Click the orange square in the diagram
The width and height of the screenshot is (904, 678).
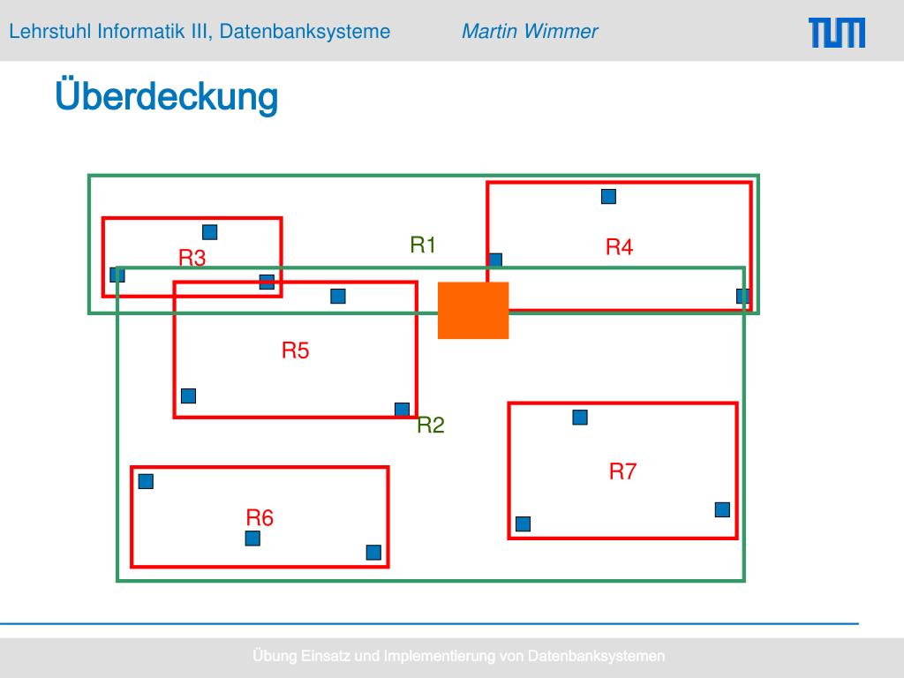(473, 310)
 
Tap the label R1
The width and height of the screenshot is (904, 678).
(424, 245)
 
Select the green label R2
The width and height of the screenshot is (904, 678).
(431, 426)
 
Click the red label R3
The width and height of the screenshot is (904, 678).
(192, 259)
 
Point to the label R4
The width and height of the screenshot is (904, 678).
(619, 248)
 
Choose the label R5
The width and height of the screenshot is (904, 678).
(296, 350)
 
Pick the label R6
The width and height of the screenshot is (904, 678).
(260, 518)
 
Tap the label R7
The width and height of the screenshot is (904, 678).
(622, 471)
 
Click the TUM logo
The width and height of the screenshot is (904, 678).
(836, 33)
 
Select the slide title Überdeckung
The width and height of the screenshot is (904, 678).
(166, 96)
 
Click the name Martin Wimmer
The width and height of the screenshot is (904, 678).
(530, 32)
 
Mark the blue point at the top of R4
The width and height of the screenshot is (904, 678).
(608, 197)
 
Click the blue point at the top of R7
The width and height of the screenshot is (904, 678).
(580, 418)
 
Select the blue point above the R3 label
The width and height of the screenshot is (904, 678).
(210, 232)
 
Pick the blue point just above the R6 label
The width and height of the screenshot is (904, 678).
(252, 539)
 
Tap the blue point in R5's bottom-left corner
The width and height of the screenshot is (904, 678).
(188, 395)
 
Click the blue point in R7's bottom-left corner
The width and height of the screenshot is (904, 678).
(523, 524)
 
